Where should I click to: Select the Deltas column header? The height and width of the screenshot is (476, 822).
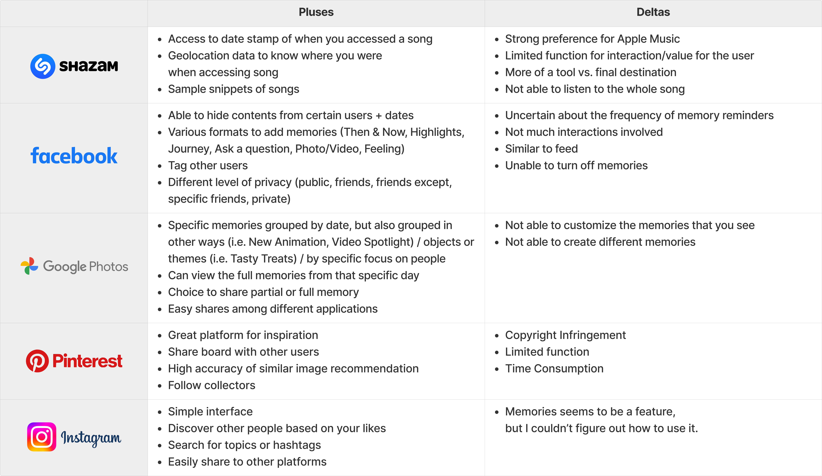(653, 12)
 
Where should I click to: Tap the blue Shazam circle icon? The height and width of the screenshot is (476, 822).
(43, 66)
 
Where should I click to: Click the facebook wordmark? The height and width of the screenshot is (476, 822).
(74, 156)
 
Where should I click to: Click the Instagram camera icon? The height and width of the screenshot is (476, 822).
(42, 437)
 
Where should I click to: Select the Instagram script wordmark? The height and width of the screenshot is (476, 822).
(91, 438)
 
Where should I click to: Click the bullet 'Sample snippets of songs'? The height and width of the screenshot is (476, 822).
(234, 89)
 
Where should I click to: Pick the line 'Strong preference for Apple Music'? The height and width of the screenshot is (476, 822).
(592, 39)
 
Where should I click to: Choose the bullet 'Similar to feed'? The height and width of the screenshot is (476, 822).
(541, 149)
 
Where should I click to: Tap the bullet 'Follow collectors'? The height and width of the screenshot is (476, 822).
(211, 385)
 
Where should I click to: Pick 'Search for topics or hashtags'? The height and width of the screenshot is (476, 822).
(244, 445)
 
